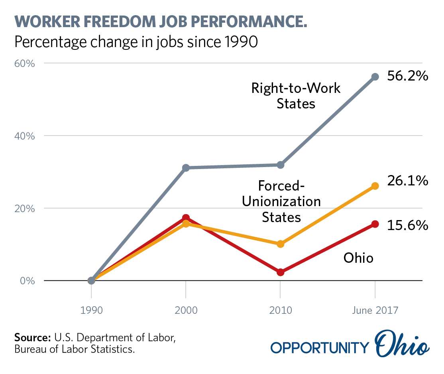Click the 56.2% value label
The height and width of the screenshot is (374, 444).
point(408,76)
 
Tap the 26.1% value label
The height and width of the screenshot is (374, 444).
point(408,181)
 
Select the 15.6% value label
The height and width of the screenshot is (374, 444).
point(408,225)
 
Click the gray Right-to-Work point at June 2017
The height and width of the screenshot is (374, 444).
point(375,77)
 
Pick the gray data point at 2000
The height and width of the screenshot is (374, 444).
point(186,168)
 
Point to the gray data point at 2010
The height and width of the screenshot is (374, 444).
point(280,165)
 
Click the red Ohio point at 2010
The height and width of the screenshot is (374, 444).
point(280,272)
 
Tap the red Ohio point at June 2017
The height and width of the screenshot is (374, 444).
point(375,224)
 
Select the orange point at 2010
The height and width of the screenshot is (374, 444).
point(280,244)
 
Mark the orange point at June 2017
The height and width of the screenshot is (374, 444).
point(375,186)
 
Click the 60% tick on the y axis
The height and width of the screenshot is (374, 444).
point(28,63)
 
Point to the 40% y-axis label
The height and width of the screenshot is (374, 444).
point(28,136)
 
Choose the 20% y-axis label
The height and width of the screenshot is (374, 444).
point(28,209)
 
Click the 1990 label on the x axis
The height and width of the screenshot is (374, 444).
point(91,311)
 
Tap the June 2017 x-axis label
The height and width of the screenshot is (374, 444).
point(375,311)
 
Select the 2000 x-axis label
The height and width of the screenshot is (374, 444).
point(186,311)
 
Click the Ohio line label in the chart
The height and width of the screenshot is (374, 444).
point(358,258)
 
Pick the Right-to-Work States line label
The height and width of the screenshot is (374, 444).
point(296,96)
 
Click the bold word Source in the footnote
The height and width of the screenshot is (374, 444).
point(32,337)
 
